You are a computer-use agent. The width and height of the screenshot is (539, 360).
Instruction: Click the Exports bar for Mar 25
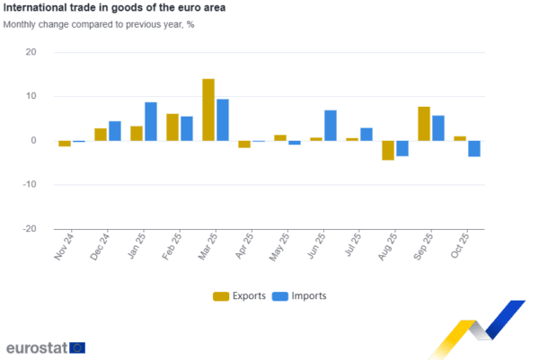click(208, 110)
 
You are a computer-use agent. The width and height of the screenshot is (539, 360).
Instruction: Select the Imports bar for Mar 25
click(223, 119)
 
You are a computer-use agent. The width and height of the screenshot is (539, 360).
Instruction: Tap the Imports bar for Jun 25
click(331, 125)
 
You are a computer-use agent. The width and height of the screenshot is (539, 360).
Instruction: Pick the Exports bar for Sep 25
click(424, 123)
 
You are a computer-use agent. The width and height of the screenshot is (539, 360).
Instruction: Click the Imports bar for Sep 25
click(438, 127)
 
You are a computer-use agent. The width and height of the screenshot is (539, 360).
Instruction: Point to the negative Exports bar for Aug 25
click(388, 150)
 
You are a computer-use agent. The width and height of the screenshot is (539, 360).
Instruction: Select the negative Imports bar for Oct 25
click(474, 149)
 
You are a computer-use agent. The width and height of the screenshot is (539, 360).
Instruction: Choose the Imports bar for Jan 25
click(151, 121)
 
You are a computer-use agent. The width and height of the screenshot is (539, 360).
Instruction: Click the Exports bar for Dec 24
click(101, 134)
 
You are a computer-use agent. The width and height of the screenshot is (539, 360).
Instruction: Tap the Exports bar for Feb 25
click(172, 127)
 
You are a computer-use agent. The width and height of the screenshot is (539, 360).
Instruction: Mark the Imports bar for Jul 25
click(367, 134)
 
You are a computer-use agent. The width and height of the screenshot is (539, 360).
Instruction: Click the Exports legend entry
click(238, 296)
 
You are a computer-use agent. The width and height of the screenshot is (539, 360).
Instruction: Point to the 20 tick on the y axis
click(31, 53)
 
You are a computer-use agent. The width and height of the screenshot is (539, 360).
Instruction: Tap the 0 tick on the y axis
click(34, 141)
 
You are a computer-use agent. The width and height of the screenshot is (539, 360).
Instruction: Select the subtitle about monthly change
click(99, 24)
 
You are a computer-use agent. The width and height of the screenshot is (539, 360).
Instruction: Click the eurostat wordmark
click(37, 347)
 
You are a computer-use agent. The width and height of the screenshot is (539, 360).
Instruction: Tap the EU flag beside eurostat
click(78, 347)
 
